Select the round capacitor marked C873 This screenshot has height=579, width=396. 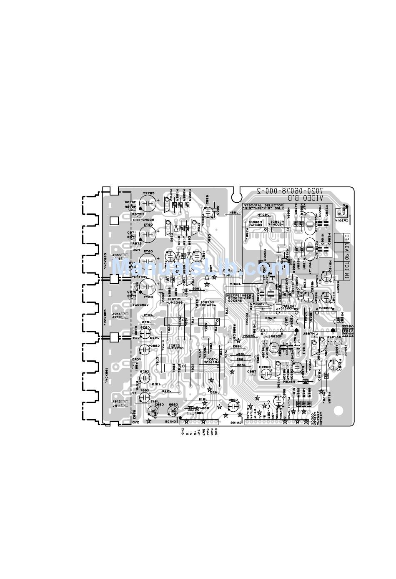[x=148, y=234]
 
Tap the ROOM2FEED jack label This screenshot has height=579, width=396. [x=142, y=219]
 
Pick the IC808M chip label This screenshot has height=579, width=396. [x=255, y=222]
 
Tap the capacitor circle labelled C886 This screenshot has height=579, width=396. [x=233, y=405]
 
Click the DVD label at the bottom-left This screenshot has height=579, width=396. [x=136, y=423]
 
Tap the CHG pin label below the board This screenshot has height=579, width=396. [x=183, y=431]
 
